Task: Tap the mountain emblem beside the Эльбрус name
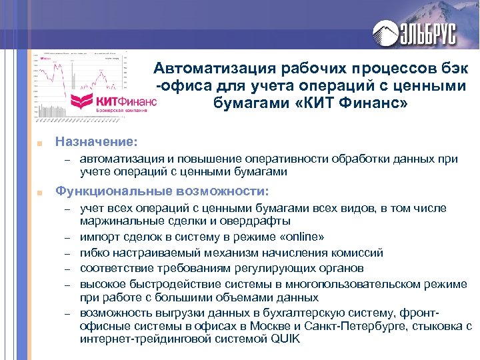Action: (x=386, y=31)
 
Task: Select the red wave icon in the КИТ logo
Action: (x=83, y=103)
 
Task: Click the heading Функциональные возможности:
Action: (x=162, y=191)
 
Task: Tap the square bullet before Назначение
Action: (x=41, y=143)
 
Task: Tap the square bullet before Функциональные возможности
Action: (x=41, y=192)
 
